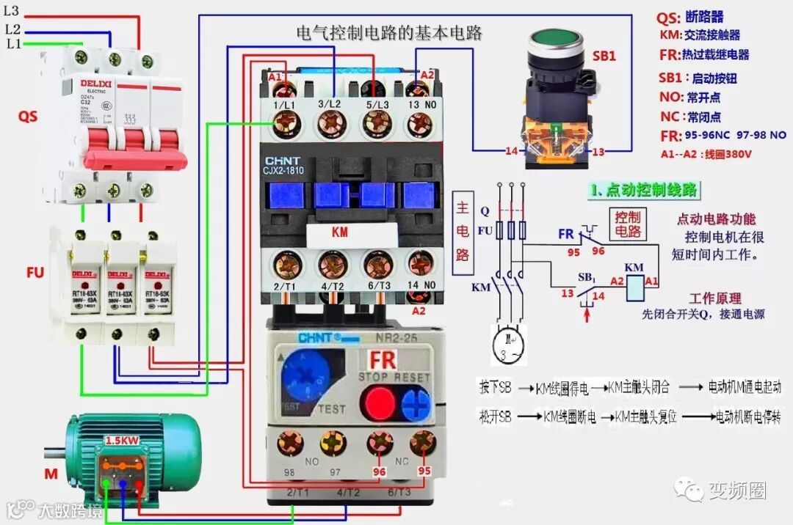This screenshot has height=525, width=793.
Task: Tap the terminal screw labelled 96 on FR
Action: click(380, 442)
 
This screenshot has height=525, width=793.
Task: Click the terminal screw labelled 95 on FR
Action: click(421, 442)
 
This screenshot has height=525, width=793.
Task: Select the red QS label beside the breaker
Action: click(28, 117)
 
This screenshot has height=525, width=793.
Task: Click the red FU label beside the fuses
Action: click(35, 273)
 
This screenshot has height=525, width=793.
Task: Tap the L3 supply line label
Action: click(12, 11)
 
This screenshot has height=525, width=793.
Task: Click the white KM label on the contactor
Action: click(340, 232)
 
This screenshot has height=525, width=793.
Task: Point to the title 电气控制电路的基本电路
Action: click(388, 33)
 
